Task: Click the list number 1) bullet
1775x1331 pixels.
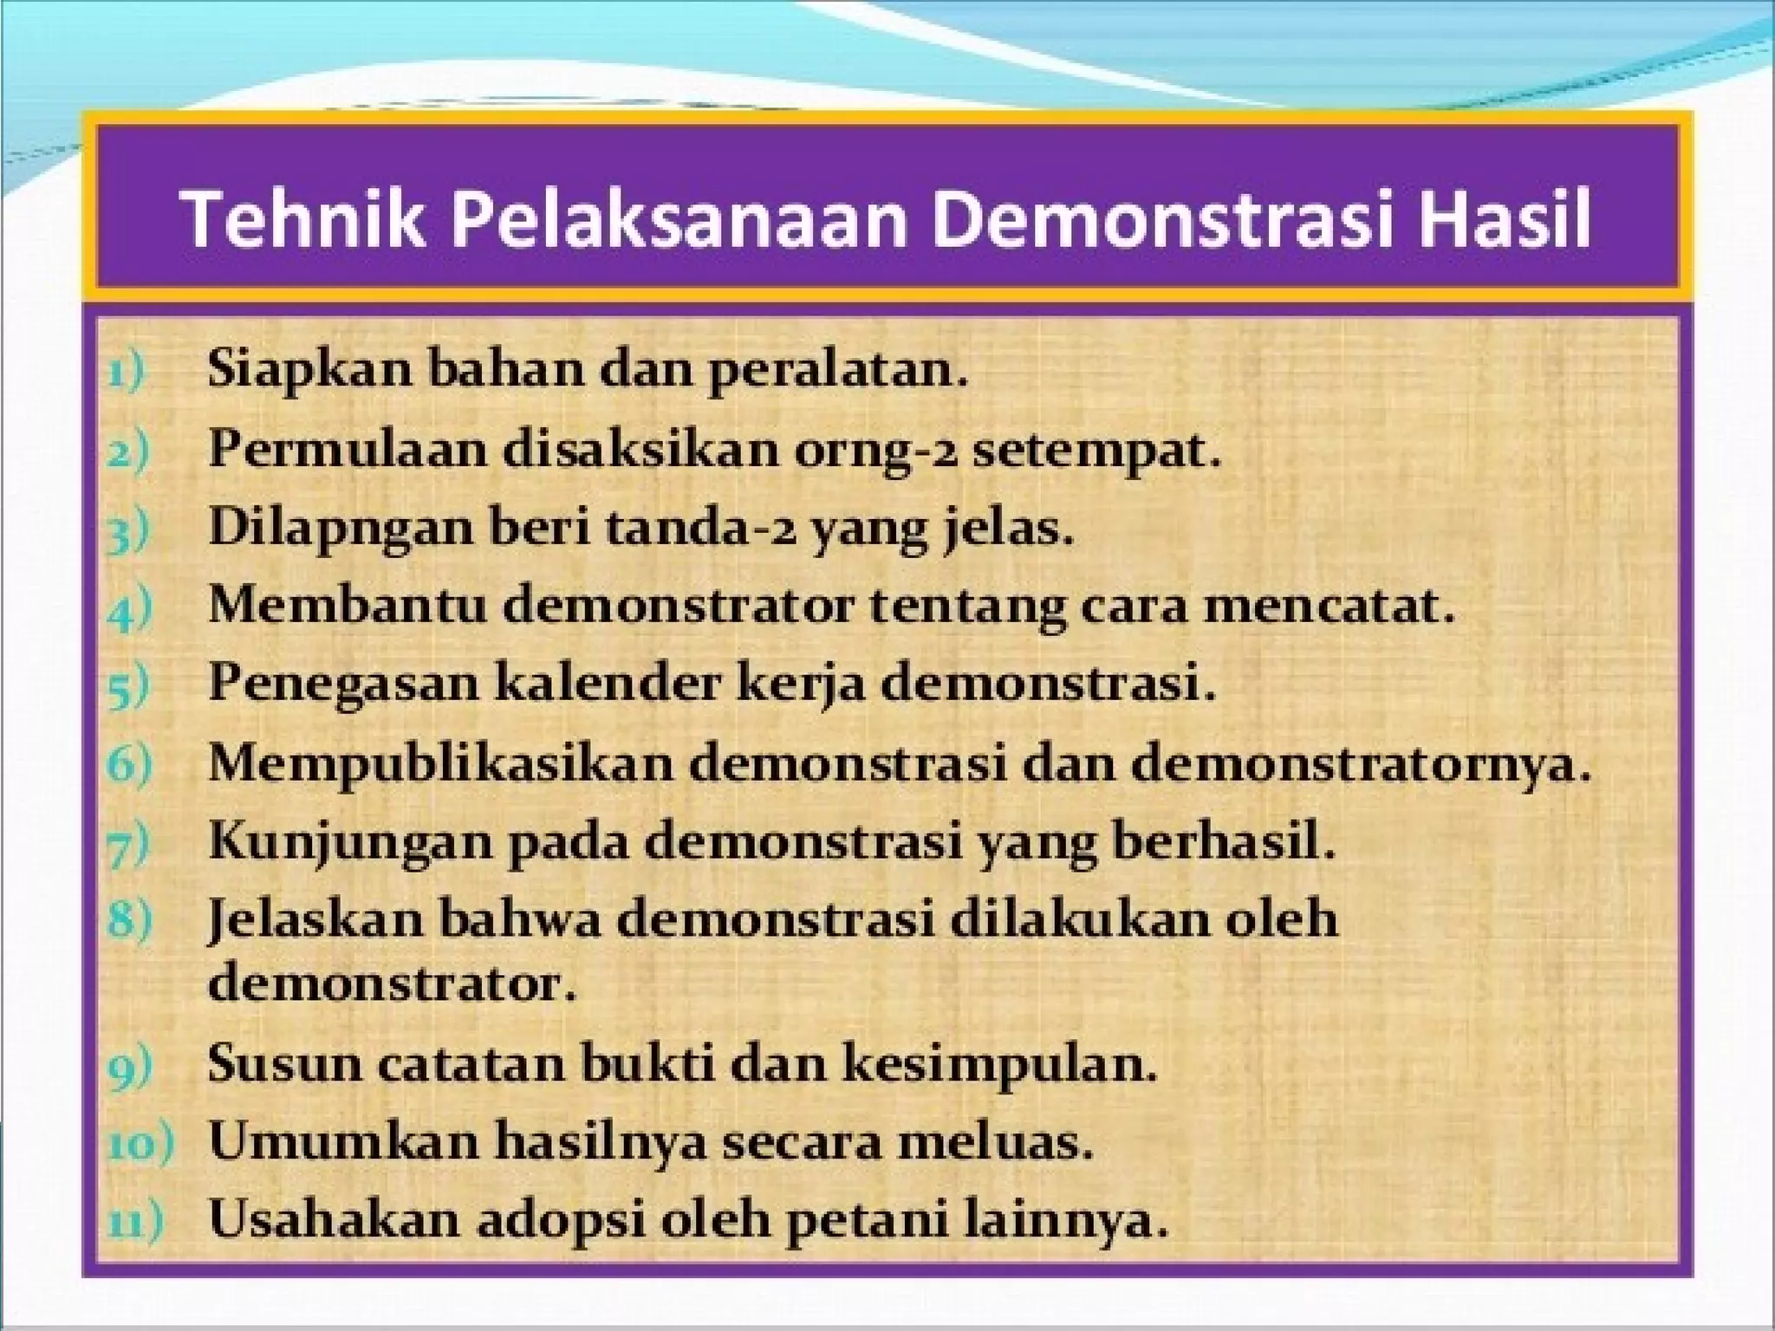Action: coord(127,374)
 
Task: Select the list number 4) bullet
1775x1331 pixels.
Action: coord(130,609)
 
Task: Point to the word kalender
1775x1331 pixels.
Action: coord(607,684)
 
